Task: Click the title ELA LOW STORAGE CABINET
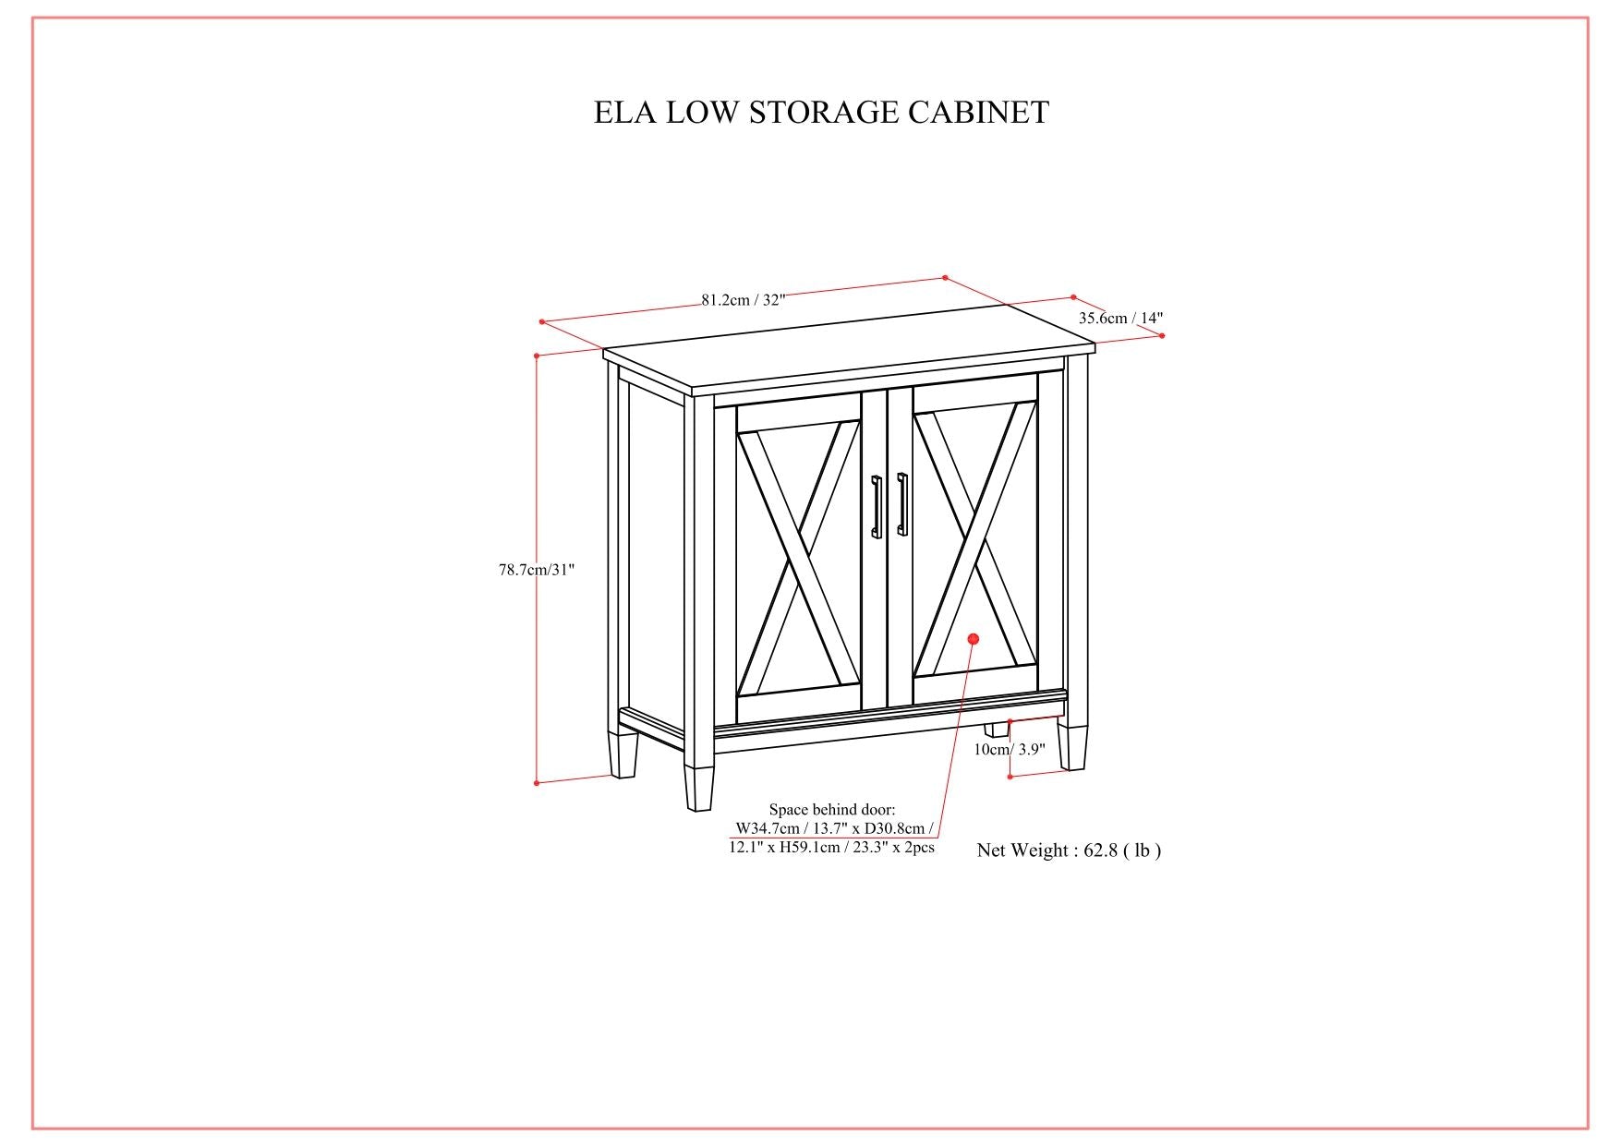821,113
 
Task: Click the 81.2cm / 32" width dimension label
743,299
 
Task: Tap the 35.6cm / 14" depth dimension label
1120,319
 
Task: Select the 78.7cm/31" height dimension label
537,570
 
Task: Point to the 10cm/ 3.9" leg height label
1009,749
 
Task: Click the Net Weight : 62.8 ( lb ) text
1069,850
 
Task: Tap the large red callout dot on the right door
973,639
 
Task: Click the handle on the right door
902,504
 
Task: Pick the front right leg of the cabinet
1071,746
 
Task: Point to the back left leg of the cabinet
623,754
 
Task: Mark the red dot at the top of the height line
537,355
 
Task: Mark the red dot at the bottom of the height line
537,783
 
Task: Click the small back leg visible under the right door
995,729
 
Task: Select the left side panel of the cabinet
654,554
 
